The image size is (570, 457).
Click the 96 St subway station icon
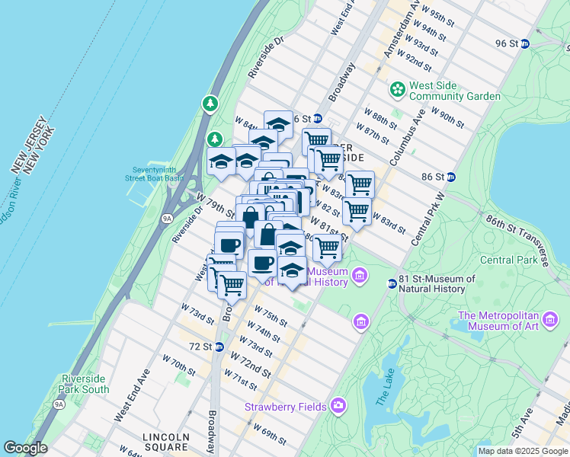tap(524, 43)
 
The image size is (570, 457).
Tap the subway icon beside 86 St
tap(450, 177)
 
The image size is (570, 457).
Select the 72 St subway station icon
tap(219, 347)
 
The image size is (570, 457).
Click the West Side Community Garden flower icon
tap(396, 90)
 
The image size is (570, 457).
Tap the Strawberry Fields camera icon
tap(338, 406)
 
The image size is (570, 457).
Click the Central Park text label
tap(507, 260)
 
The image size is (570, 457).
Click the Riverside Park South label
tap(85, 384)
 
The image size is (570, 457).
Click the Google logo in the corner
tap(25, 448)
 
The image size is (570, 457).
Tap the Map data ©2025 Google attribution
tap(523, 451)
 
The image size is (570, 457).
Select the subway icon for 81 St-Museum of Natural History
tap(392, 283)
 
